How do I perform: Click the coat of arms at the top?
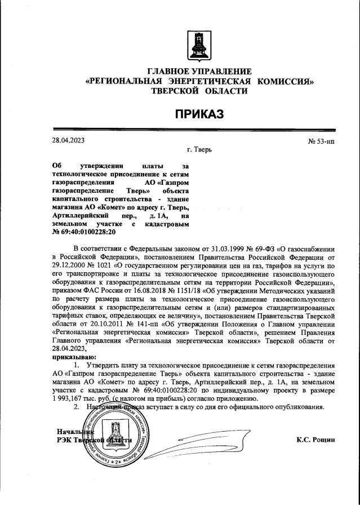point(198,45)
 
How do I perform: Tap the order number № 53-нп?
point(321,141)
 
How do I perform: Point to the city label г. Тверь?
point(199,150)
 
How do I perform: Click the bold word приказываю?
point(74,357)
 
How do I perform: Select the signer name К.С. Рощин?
point(315,439)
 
